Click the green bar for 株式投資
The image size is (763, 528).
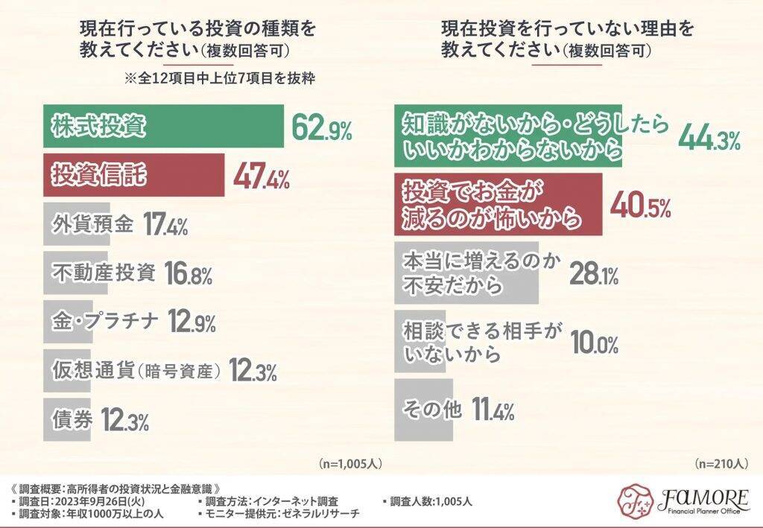(x=164, y=127)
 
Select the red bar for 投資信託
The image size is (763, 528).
(x=134, y=176)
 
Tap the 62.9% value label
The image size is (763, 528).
(x=322, y=129)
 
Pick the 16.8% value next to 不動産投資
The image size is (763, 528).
(x=187, y=274)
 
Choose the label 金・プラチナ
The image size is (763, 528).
(x=105, y=322)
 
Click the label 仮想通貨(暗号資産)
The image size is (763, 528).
(x=136, y=371)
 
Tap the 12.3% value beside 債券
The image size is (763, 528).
(x=125, y=421)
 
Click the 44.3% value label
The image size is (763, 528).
(x=709, y=138)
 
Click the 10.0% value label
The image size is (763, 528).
(x=595, y=343)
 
